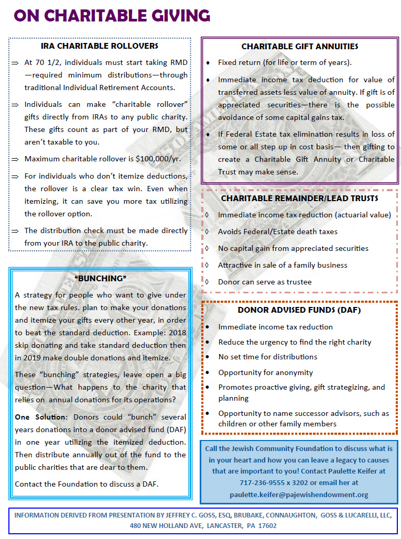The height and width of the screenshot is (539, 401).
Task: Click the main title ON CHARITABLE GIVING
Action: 112,16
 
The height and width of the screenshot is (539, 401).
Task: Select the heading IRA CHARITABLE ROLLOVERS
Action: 100,46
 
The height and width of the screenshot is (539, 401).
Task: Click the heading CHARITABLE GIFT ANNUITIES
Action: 300,47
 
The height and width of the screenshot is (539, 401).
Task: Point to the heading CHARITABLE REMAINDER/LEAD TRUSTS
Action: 299,199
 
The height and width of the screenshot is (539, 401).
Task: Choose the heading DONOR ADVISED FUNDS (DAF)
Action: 299,310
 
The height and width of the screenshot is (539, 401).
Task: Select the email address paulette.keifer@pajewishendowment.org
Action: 299,494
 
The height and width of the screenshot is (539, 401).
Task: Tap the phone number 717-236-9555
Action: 263,482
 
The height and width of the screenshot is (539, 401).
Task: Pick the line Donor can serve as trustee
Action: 265,282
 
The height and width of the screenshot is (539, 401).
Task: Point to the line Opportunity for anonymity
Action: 265,372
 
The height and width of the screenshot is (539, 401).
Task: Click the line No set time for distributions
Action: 267,357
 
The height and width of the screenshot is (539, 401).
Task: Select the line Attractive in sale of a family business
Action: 283,265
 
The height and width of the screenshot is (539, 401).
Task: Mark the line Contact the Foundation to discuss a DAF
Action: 86,483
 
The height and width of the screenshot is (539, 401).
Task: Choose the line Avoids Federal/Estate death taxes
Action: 278,232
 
